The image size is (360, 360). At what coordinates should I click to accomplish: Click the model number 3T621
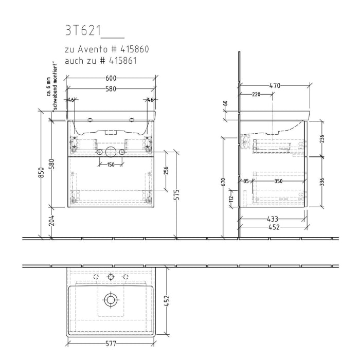[82, 31]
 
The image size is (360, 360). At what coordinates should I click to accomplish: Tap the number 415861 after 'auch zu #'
[127, 61]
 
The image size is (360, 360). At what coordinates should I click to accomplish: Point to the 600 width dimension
[111, 78]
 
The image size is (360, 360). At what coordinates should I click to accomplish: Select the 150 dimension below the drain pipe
[110, 165]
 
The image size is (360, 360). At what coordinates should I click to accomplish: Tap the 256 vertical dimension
[166, 171]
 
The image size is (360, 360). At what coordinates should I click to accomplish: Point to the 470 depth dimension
[275, 86]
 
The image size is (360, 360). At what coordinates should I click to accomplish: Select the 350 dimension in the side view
[278, 181]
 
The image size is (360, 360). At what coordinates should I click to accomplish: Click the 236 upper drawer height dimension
[322, 139]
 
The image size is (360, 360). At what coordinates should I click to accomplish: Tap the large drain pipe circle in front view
[110, 152]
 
